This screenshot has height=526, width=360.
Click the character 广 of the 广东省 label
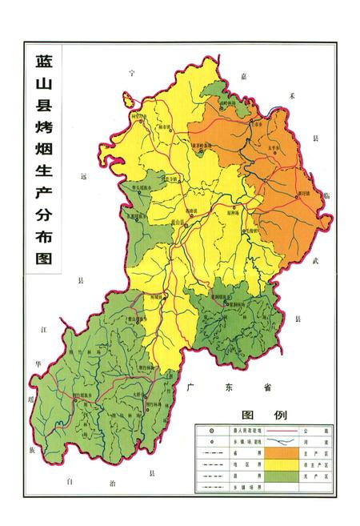tap(191, 387)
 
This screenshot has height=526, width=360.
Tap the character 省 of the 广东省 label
tap(267, 387)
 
